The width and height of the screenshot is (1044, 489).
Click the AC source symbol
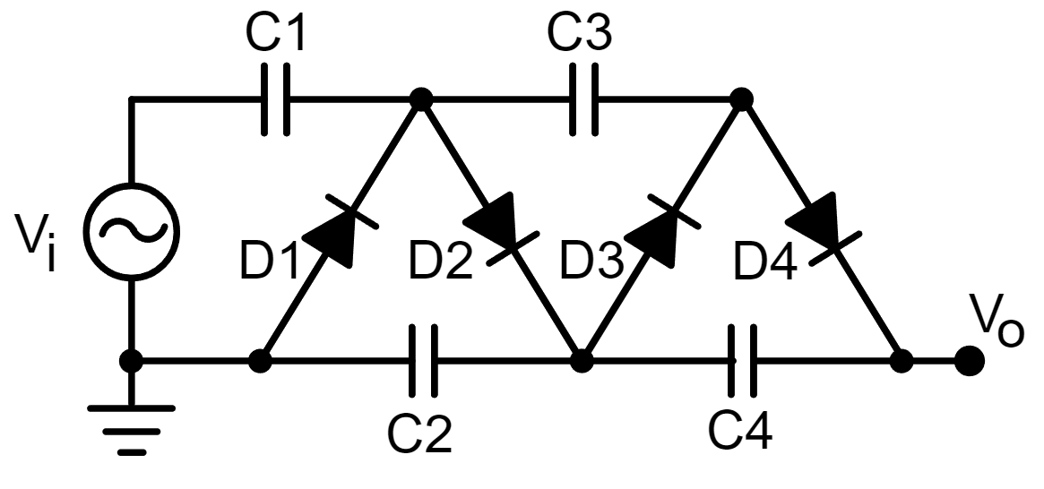(x=132, y=230)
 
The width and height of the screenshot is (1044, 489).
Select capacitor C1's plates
(x=275, y=100)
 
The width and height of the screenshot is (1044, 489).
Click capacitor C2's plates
(x=423, y=361)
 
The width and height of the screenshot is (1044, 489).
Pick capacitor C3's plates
(x=583, y=100)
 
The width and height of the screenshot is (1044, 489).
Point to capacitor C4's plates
(x=742, y=361)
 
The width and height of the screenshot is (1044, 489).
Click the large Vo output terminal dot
(x=968, y=362)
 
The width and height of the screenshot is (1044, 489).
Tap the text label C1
(x=274, y=35)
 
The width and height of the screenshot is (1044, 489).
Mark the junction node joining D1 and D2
(x=418, y=100)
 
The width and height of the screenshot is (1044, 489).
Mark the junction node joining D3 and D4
(x=740, y=100)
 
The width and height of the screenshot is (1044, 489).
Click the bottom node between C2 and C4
(x=582, y=361)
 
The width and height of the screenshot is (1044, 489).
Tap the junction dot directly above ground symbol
(x=132, y=361)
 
